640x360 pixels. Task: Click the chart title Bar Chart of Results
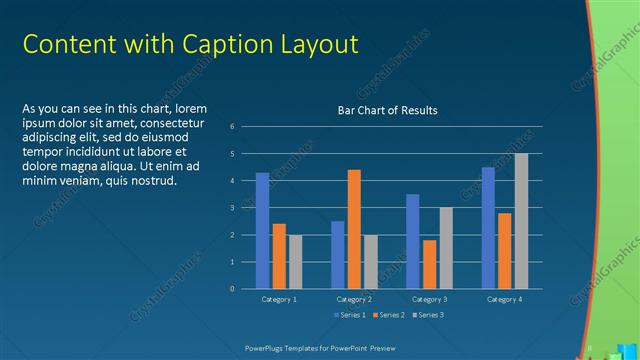click(387, 110)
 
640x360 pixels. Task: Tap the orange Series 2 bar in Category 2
click(354, 229)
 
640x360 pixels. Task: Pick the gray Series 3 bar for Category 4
click(521, 221)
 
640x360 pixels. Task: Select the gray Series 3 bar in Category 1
click(295, 262)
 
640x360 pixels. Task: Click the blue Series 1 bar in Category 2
click(338, 255)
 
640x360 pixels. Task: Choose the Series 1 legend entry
click(349, 315)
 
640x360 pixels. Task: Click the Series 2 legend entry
click(387, 315)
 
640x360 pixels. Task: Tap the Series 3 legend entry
click(426, 315)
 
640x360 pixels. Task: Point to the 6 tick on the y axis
click(232, 126)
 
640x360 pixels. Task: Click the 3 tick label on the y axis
click(232, 208)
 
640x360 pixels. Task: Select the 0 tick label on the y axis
click(232, 289)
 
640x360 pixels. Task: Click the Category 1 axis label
click(279, 299)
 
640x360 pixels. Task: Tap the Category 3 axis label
click(430, 299)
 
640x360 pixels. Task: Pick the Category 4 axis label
click(505, 299)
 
